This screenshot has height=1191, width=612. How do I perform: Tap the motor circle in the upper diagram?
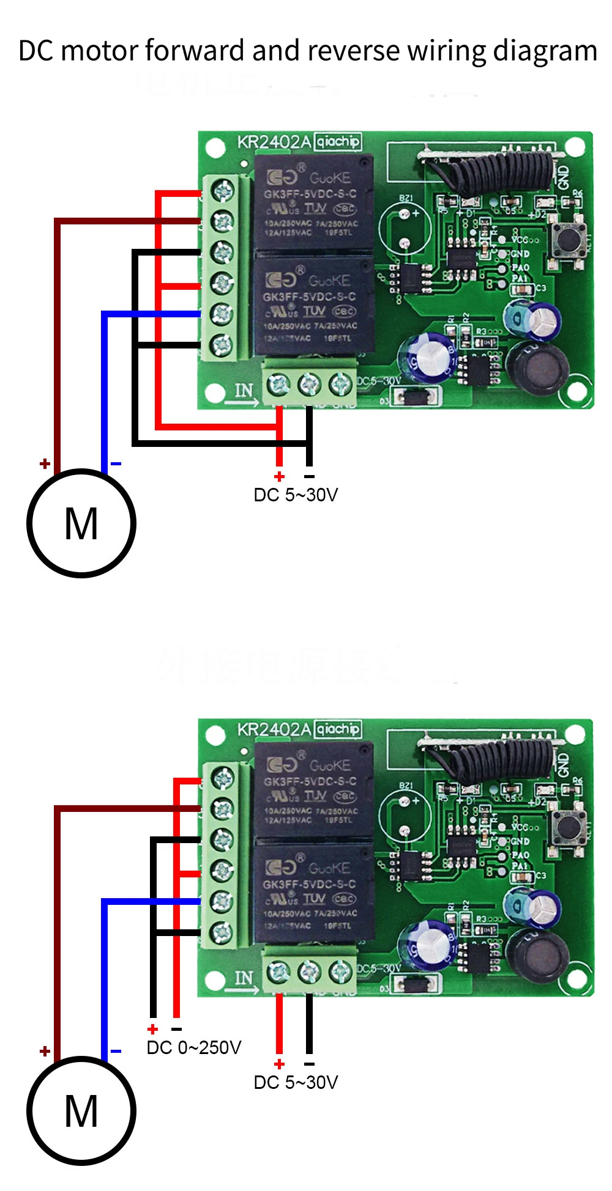[x=81, y=523]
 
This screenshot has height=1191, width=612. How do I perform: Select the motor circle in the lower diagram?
[x=81, y=1110]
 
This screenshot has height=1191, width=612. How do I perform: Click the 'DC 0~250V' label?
[x=194, y=1048]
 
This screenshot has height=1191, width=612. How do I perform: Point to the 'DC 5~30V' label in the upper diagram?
[x=296, y=495]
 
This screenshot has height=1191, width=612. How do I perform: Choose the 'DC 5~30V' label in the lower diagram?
[x=296, y=1082]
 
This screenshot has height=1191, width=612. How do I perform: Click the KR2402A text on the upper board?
[x=274, y=142]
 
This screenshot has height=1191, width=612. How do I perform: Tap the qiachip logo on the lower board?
[x=338, y=729]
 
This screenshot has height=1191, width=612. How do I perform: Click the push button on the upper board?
[x=567, y=240]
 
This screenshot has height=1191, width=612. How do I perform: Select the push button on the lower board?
[x=567, y=827]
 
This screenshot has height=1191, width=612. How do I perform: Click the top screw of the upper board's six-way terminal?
[x=223, y=191]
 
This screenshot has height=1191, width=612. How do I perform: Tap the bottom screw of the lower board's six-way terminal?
[x=222, y=932]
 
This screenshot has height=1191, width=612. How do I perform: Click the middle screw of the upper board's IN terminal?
[x=309, y=385]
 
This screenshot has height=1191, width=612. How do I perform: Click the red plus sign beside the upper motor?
[x=45, y=464]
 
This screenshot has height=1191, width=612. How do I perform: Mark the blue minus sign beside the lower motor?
[x=116, y=1052]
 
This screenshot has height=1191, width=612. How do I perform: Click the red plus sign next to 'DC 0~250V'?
[x=153, y=1030]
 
